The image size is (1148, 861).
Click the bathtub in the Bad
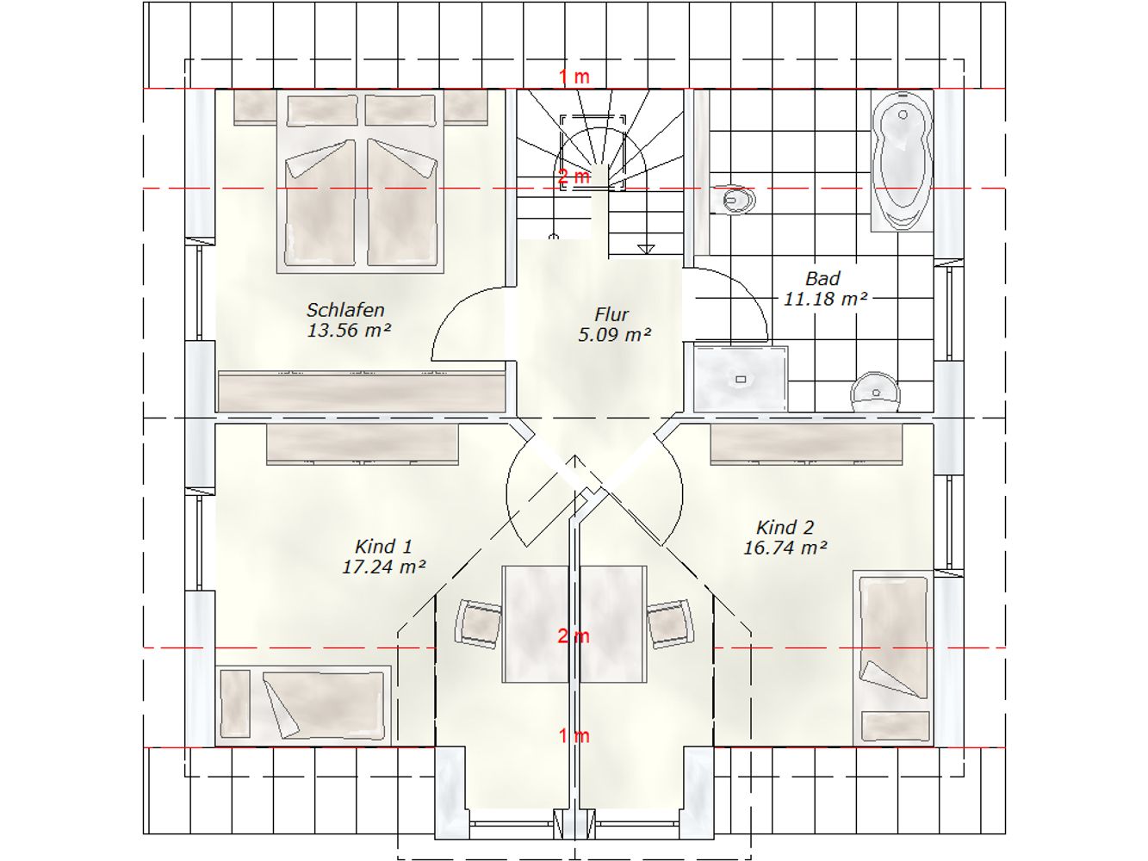tap(903, 161)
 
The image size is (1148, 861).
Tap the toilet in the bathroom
tap(735, 199)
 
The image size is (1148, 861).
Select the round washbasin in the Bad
tap(876, 392)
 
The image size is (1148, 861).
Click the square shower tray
tap(742, 379)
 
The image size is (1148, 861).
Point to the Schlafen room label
tap(345, 310)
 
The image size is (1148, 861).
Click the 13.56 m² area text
tap(348, 331)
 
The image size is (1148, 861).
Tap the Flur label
tap(611, 314)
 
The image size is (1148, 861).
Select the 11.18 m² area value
tap(825, 299)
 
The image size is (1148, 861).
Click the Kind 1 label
tap(383, 547)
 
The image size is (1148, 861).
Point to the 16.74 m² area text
tap(785, 548)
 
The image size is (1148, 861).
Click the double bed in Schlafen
tap(361, 182)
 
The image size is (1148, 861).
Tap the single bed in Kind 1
tap(303, 704)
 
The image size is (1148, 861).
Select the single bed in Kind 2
tap(893, 658)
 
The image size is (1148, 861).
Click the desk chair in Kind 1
tap(478, 624)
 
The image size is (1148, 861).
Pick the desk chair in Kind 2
tap(671, 623)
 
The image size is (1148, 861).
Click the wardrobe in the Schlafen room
tap(361, 392)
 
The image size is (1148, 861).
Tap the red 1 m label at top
tap(574, 77)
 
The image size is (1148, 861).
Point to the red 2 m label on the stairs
tap(574, 177)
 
